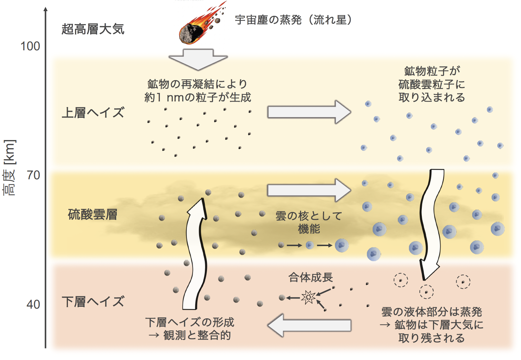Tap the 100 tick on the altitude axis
(31, 46)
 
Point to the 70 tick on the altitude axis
(33, 175)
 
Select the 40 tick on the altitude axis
(33, 305)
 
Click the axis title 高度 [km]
(10, 168)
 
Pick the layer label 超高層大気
(93, 29)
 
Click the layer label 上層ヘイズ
(93, 113)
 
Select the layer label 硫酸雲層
(93, 215)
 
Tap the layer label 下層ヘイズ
(93, 301)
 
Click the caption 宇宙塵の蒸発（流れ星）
(293, 20)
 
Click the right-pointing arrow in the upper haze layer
(309, 112)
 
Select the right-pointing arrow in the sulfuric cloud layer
(309, 190)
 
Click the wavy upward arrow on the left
(195, 253)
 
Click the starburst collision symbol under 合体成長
(308, 297)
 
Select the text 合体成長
(310, 277)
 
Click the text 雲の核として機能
(309, 222)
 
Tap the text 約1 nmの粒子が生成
(198, 97)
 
